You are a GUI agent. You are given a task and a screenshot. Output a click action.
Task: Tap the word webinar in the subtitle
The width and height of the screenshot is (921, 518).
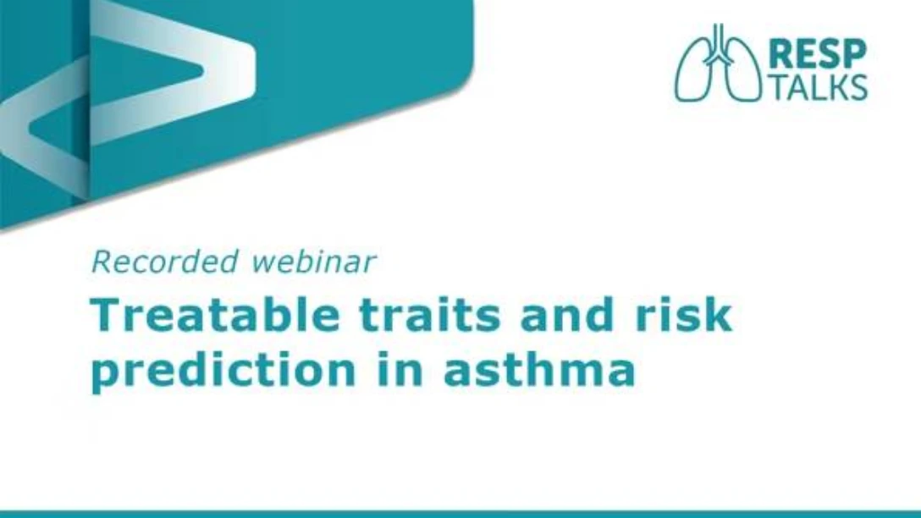[314, 262]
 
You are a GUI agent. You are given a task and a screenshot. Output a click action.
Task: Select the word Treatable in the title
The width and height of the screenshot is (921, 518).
[215, 315]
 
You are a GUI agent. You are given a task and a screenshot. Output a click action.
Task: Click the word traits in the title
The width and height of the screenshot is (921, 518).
[430, 315]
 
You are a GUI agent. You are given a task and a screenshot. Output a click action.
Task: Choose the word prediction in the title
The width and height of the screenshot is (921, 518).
[223, 371]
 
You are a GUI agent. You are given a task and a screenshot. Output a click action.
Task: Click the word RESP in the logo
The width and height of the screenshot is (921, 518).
[818, 54]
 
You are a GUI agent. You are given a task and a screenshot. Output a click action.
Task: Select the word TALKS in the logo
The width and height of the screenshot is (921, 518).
[818, 87]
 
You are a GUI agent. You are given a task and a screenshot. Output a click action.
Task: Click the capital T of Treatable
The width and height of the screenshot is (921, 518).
[107, 315]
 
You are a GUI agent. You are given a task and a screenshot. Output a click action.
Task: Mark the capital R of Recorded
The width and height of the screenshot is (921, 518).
[102, 262]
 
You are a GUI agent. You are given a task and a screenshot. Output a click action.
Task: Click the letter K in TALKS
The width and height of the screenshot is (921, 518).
[835, 87]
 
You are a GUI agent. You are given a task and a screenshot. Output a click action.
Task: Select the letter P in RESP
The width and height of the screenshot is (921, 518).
[855, 54]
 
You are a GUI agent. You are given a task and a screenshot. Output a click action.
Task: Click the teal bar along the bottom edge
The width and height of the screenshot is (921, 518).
[460, 514]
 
